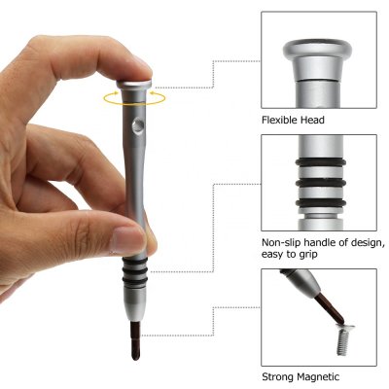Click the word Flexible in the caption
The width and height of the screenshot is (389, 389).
[x=280, y=120]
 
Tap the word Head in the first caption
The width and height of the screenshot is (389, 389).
[x=312, y=120]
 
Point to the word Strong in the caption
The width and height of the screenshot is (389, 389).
[x=278, y=377]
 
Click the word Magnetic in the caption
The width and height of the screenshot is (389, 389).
[x=318, y=377]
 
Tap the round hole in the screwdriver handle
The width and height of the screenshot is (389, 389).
[x=138, y=125]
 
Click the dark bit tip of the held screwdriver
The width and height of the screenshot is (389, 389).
[x=135, y=340]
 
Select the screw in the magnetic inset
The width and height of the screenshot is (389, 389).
[x=344, y=338]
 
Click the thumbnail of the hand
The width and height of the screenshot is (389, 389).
[x=128, y=239]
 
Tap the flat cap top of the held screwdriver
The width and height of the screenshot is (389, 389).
[x=134, y=85]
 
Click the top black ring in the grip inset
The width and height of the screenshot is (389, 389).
[x=321, y=162]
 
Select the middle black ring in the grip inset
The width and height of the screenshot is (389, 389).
[x=321, y=183]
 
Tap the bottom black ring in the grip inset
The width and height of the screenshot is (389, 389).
[x=321, y=203]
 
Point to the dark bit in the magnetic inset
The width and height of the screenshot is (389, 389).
[x=329, y=308]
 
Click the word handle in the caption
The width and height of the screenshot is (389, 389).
[x=320, y=242]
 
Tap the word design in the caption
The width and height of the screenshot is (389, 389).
[x=368, y=243]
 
